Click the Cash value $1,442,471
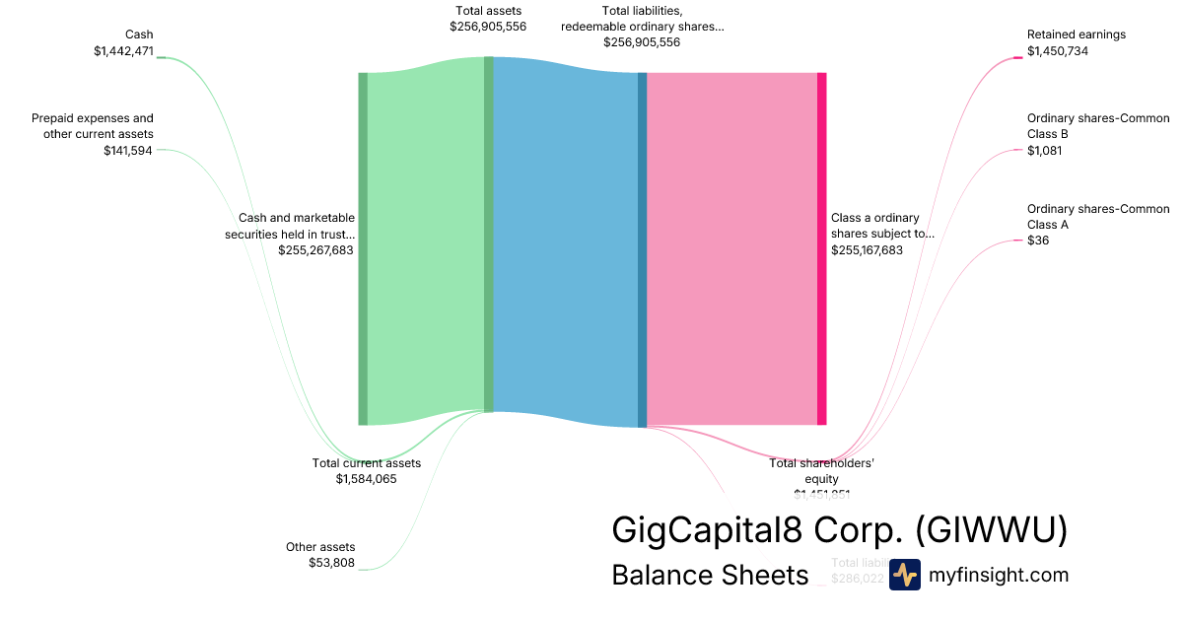[x=123, y=51]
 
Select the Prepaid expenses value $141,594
[x=127, y=151]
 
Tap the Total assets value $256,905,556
[x=487, y=27]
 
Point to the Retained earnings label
[x=1076, y=34]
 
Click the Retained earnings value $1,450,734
[x=1057, y=51]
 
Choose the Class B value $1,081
[x=1044, y=151]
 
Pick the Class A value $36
[x=1037, y=241]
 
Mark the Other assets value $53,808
[x=331, y=564]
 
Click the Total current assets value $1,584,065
[x=366, y=479]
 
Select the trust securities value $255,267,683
[x=315, y=250]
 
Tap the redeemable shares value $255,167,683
[x=867, y=250]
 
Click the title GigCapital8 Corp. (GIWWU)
[x=839, y=529]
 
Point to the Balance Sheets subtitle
[x=710, y=575]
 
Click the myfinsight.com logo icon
[x=904, y=575]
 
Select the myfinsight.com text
[x=998, y=575]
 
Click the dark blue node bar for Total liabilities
[x=642, y=249]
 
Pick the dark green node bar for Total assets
[x=488, y=234]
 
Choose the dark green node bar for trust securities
[x=363, y=248]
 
